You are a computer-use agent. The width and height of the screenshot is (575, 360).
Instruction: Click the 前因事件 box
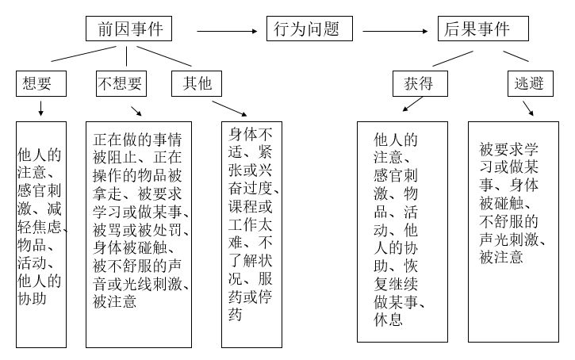click(131, 29)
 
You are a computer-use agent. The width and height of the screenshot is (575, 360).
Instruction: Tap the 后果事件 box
click(484, 29)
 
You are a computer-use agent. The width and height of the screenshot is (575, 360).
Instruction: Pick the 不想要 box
click(121, 83)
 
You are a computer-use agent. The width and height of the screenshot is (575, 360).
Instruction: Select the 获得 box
click(420, 83)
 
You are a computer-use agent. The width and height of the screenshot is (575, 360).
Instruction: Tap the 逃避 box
click(530, 83)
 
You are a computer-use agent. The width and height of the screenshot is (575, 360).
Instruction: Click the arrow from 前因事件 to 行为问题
click(228, 31)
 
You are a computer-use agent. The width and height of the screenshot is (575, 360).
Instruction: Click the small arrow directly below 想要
click(40, 107)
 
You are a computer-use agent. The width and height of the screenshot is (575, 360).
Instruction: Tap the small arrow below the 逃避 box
click(527, 108)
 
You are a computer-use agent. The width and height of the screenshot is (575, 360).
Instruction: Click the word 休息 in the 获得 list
click(388, 320)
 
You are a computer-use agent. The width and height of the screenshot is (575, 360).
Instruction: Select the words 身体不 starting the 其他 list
click(251, 133)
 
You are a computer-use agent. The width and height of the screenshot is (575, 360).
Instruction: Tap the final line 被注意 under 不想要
click(114, 301)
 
